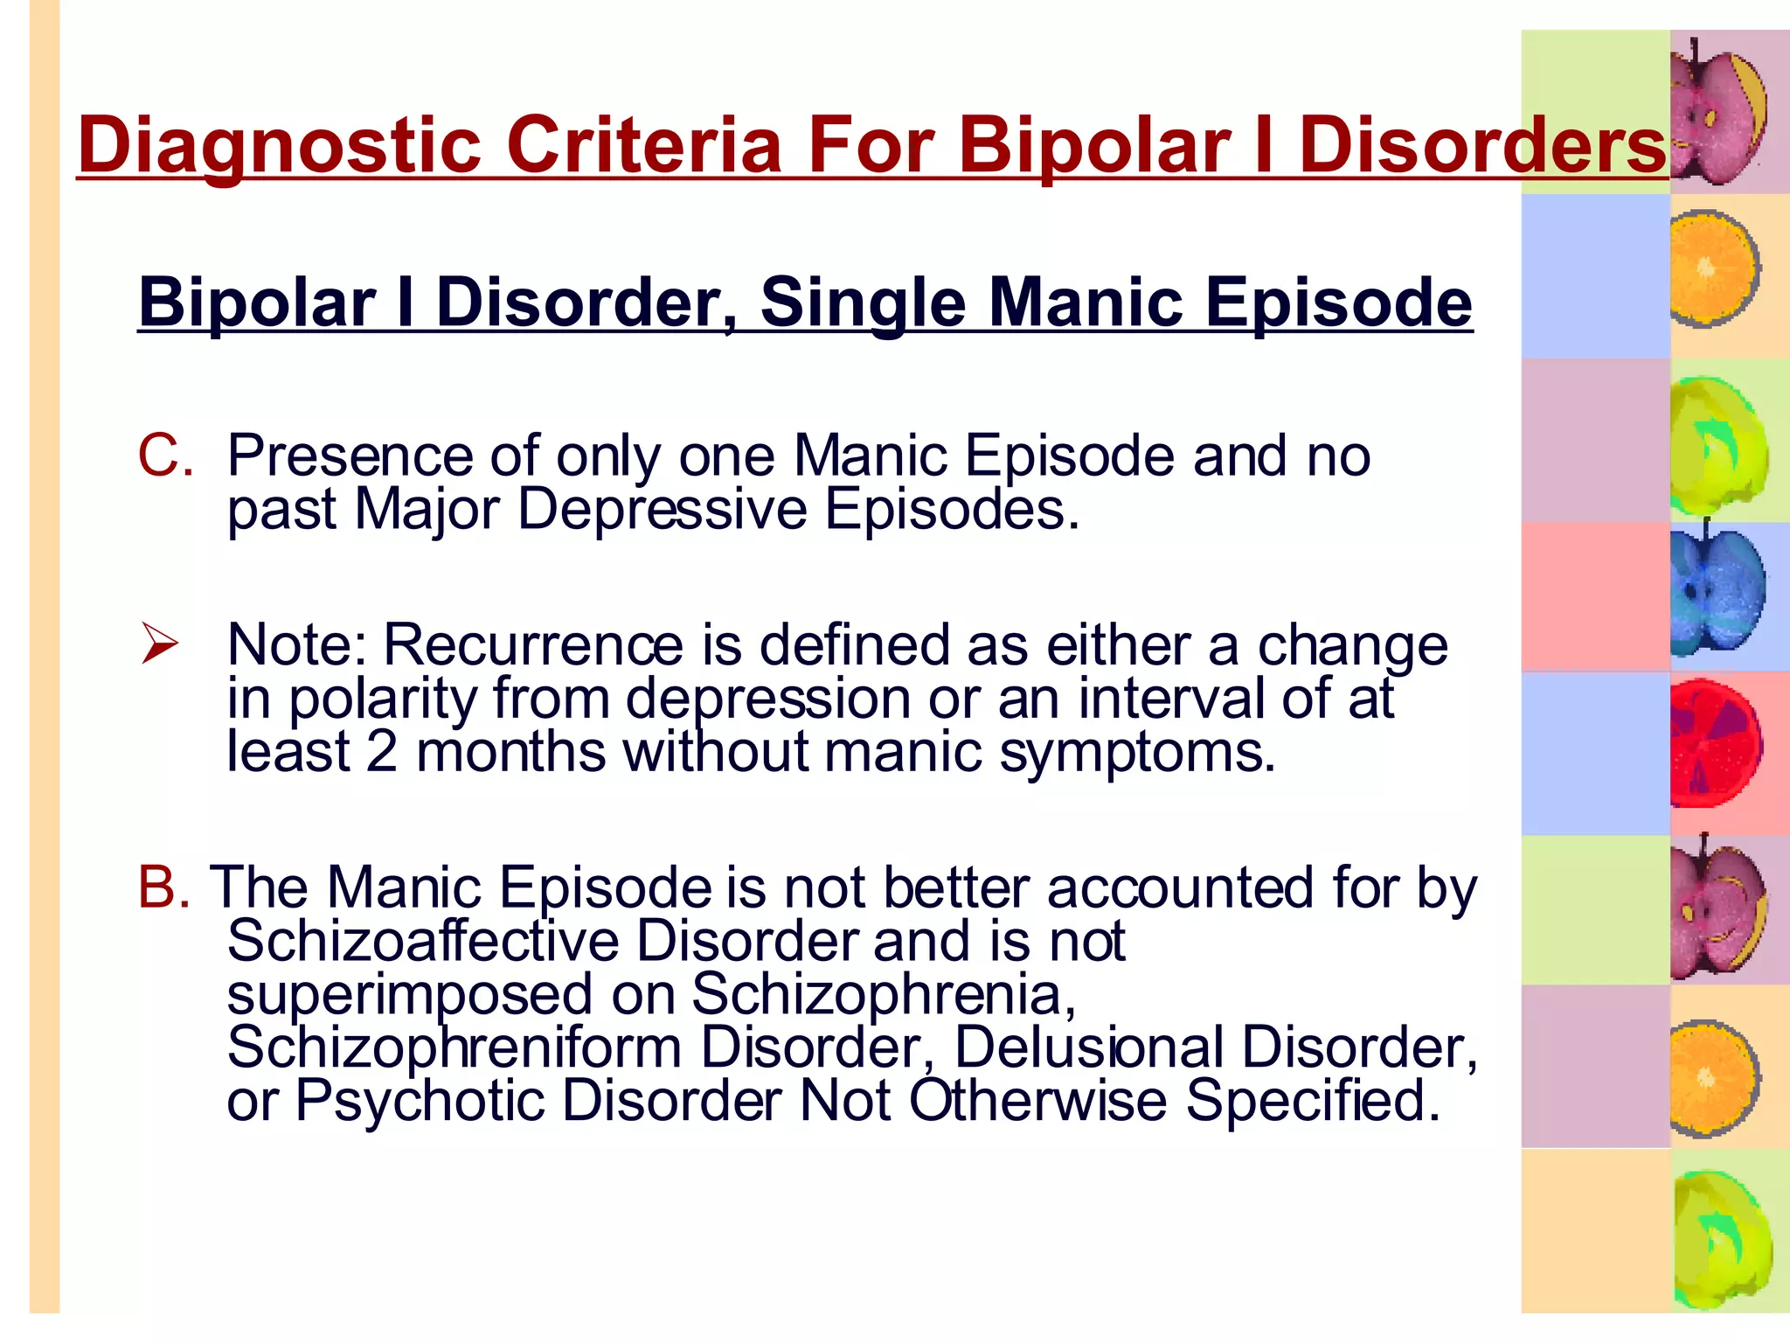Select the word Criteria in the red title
[643, 143]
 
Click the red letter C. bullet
[165, 456]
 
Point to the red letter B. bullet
[163, 887]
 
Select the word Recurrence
[533, 645]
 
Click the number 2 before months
[382, 752]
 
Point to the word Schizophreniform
[454, 1047]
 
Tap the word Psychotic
[420, 1100]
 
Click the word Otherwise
[1037, 1100]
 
